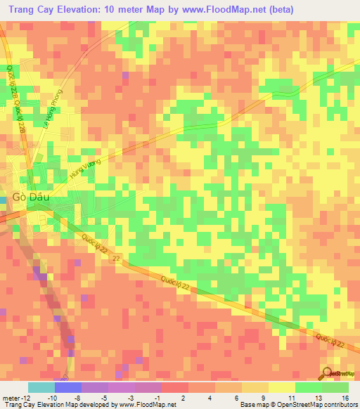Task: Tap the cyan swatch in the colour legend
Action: point(41,387)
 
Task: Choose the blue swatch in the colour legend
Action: point(68,387)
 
